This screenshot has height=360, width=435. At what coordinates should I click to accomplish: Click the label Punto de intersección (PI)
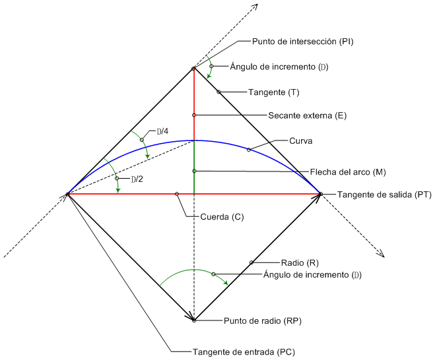303,42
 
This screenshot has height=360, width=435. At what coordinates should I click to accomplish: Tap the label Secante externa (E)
298,115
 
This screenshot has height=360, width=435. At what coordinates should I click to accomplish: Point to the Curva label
300,141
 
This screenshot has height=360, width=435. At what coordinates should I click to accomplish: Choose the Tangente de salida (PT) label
375,195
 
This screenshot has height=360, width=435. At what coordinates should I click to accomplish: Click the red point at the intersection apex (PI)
193,69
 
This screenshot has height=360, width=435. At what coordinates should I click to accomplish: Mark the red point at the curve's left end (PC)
68,194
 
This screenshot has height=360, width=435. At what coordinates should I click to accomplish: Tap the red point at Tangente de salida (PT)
320,194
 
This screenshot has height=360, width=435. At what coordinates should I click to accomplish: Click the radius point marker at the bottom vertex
194,320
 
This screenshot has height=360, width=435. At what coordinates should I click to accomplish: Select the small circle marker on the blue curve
249,150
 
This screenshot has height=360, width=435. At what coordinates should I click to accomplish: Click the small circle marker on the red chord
177,194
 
